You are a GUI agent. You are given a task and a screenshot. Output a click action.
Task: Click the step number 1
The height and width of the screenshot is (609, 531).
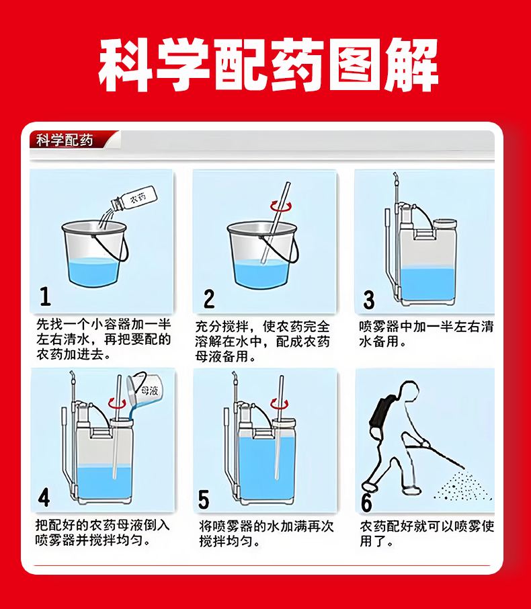[x=46, y=296]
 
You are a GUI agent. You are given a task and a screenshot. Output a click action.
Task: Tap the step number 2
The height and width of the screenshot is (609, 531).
[x=209, y=298]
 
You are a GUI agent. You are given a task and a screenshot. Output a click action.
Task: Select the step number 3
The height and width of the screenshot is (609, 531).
[x=368, y=300]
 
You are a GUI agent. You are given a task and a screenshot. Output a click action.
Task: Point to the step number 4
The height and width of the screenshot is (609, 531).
[x=44, y=497]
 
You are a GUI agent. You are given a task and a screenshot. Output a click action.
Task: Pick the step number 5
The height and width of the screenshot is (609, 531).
[x=204, y=499]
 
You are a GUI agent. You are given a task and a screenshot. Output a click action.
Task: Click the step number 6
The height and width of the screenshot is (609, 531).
[x=366, y=502]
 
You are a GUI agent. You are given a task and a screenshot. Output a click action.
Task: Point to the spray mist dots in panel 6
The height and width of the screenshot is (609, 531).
[x=462, y=486]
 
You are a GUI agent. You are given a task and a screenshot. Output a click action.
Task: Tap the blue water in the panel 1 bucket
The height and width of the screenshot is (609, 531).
[x=93, y=272]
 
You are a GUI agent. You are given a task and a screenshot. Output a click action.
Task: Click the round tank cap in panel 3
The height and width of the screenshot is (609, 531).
[x=445, y=223]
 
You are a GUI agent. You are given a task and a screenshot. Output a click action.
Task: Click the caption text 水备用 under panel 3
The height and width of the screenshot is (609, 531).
[x=378, y=341]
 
